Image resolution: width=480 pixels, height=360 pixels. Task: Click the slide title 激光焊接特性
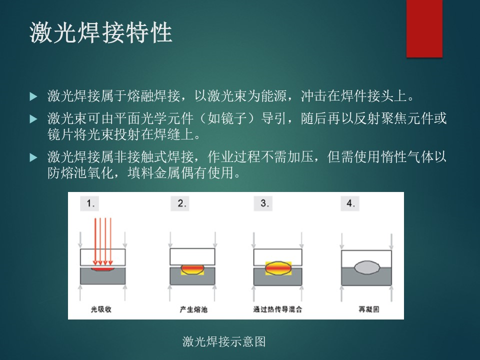[100, 32]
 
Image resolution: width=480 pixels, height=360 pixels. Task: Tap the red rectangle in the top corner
[424, 28]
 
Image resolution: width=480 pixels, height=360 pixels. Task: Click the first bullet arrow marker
[33, 96]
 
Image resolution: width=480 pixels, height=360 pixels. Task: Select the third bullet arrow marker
[33, 157]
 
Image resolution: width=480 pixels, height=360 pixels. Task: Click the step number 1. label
[89, 203]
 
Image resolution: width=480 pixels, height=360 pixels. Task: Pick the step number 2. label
[180, 203]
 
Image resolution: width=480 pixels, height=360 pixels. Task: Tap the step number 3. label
[263, 203]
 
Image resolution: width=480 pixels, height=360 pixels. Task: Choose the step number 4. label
[350, 203]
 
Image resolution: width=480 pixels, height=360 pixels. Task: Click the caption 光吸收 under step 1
[101, 309]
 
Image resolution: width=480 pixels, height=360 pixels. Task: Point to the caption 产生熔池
[193, 309]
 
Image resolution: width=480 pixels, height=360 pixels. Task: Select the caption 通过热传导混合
[277, 309]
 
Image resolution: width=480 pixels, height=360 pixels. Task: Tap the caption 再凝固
[369, 309]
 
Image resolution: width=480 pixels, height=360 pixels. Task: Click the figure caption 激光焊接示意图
[224, 341]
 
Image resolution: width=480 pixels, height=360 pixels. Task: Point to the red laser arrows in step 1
[103, 241]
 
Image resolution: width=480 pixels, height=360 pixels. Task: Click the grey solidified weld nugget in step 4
[367, 267]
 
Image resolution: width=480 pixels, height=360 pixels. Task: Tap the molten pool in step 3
[278, 268]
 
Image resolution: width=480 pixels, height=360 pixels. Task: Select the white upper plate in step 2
[192, 256]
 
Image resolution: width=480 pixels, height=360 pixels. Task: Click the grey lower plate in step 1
[103, 276]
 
